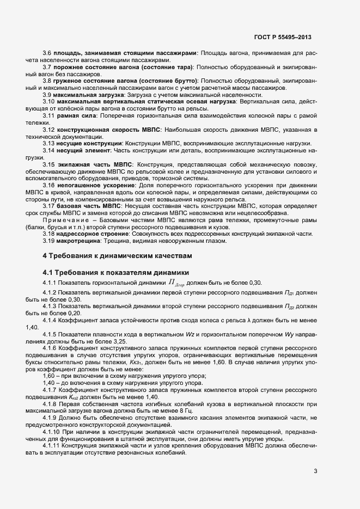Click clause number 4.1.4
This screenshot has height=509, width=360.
click(51, 320)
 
